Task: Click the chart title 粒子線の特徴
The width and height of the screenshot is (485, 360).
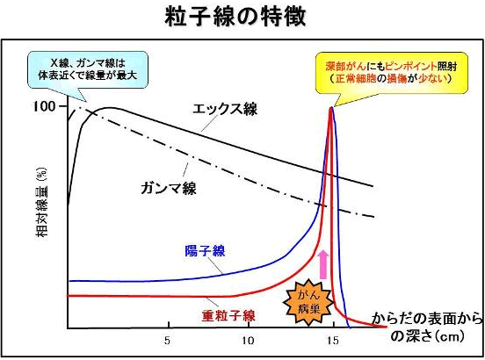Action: coord(235,16)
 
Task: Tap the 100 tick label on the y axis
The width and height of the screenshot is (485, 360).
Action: coord(44,106)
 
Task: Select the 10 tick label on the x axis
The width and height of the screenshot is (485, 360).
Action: coord(248,341)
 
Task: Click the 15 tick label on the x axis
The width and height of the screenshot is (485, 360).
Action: coord(333,341)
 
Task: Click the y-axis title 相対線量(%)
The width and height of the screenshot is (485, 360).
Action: coord(41,202)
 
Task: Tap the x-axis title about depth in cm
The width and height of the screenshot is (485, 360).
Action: coord(427,327)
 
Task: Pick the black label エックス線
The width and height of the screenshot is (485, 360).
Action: coord(225,109)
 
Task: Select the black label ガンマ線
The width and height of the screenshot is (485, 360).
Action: coord(169,188)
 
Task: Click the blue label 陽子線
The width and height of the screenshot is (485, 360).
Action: coord(205,250)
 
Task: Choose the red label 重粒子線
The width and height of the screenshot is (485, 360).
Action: coord(228,316)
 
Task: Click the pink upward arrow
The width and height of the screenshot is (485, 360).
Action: coord(323,264)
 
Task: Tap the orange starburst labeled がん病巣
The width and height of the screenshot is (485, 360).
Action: coord(308,302)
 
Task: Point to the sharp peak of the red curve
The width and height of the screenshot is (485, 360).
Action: coord(330,108)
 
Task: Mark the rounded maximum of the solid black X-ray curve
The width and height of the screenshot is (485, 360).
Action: coord(109,108)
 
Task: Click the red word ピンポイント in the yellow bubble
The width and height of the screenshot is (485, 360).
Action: coord(411,66)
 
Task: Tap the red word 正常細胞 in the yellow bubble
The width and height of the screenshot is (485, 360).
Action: coord(356,78)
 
